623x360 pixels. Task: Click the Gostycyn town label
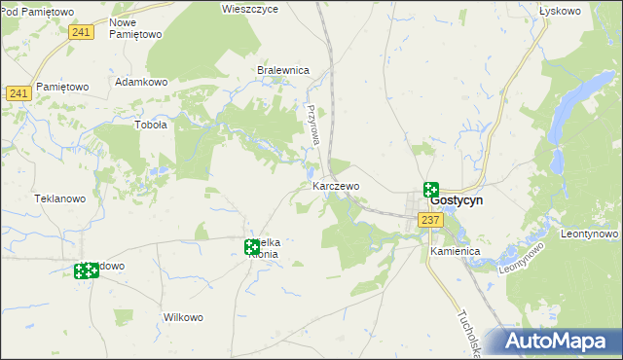tap(457, 200)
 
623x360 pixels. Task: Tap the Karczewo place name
tap(336, 185)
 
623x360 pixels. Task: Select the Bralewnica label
tap(282, 70)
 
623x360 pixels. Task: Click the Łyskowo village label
tap(559, 11)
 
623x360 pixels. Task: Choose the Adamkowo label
tap(142, 83)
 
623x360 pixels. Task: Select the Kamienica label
tap(456, 251)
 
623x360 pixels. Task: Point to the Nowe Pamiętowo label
tap(135, 27)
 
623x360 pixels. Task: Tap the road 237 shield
tap(431, 221)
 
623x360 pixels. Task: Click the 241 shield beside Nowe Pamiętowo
tap(82, 33)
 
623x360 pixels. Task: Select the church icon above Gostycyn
tap(430, 190)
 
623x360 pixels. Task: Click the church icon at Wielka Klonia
tap(252, 247)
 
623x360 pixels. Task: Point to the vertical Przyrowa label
tap(313, 126)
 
